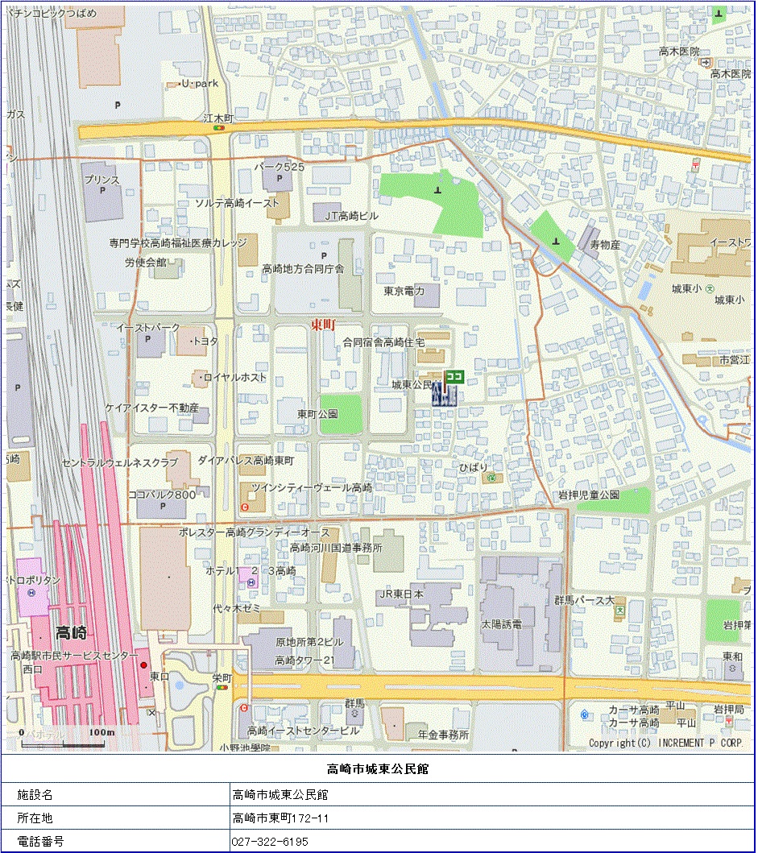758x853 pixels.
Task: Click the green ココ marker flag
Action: pos(454,375)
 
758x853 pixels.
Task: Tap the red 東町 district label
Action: pos(323,324)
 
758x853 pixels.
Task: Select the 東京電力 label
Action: pos(404,291)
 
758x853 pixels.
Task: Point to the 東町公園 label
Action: pos(317,414)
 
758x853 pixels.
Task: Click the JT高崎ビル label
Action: pos(351,216)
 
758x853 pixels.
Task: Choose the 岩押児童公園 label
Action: pos(589,494)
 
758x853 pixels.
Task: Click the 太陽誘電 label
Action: pos(502,624)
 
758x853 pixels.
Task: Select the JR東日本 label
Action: pos(400,594)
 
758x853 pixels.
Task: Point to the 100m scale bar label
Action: pos(102,732)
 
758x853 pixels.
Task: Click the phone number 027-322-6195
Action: pos(270,842)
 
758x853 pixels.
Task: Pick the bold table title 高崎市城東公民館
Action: pos(378,768)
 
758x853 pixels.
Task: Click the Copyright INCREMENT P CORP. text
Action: pos(665,743)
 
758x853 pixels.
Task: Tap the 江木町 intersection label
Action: pos(218,118)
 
